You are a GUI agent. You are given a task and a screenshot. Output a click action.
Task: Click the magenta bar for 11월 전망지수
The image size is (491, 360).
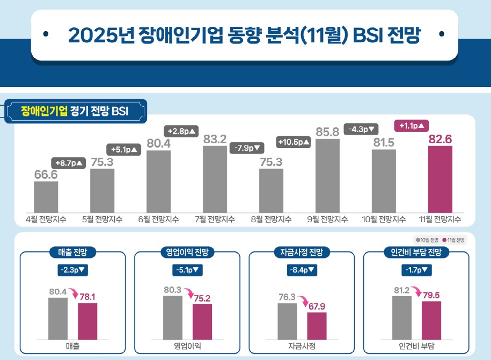[440, 179]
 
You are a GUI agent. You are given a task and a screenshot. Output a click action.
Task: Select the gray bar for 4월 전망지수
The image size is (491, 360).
[46, 196]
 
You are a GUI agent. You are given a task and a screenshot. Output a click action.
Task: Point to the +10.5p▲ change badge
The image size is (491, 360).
[294, 142]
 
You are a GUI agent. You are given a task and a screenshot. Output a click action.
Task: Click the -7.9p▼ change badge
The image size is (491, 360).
[246, 148]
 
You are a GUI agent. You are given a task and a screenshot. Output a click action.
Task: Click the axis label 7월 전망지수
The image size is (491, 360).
[215, 219]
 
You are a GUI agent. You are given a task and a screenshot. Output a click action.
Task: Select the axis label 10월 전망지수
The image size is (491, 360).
[384, 219]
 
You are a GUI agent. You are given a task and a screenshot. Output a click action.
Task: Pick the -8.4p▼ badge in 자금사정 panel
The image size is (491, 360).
[301, 270]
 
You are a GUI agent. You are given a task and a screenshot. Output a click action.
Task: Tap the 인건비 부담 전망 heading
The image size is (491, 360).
[416, 251]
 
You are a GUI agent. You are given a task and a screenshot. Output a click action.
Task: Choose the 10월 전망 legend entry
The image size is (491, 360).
[428, 240]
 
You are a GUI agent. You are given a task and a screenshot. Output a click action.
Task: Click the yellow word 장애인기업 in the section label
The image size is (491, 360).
[44, 111]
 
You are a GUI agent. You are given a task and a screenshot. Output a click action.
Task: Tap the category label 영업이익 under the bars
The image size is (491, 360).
[187, 346]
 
